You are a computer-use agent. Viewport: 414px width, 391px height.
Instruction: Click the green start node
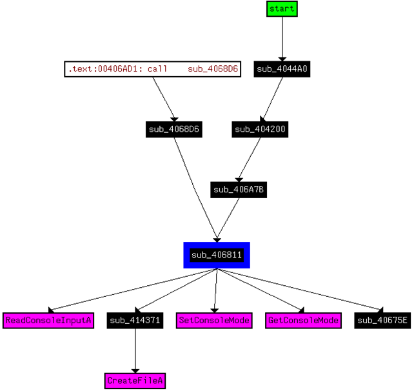click(282, 9)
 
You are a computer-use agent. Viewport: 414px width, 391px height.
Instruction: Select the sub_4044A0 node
click(282, 69)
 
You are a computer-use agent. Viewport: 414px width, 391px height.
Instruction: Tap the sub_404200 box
click(260, 129)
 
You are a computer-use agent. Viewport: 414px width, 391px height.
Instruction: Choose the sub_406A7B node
click(239, 189)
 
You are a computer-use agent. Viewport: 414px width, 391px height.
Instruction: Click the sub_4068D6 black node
click(174, 129)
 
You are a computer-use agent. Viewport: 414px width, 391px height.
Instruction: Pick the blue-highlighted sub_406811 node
click(216, 255)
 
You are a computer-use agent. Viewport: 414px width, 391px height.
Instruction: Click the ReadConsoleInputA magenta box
click(49, 320)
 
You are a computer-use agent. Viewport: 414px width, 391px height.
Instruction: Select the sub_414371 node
click(135, 320)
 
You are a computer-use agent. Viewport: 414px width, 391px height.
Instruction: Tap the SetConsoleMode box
click(213, 320)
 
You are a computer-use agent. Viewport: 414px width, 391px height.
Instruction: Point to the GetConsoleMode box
click(302, 320)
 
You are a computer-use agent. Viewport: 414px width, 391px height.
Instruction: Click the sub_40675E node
click(382, 320)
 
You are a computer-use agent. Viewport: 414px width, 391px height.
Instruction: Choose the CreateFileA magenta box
click(135, 381)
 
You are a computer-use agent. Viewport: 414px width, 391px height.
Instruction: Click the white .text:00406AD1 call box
click(152, 69)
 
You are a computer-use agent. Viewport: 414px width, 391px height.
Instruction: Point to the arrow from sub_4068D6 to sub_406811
click(197, 187)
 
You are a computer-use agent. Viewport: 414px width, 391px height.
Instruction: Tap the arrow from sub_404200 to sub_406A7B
click(250, 159)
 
